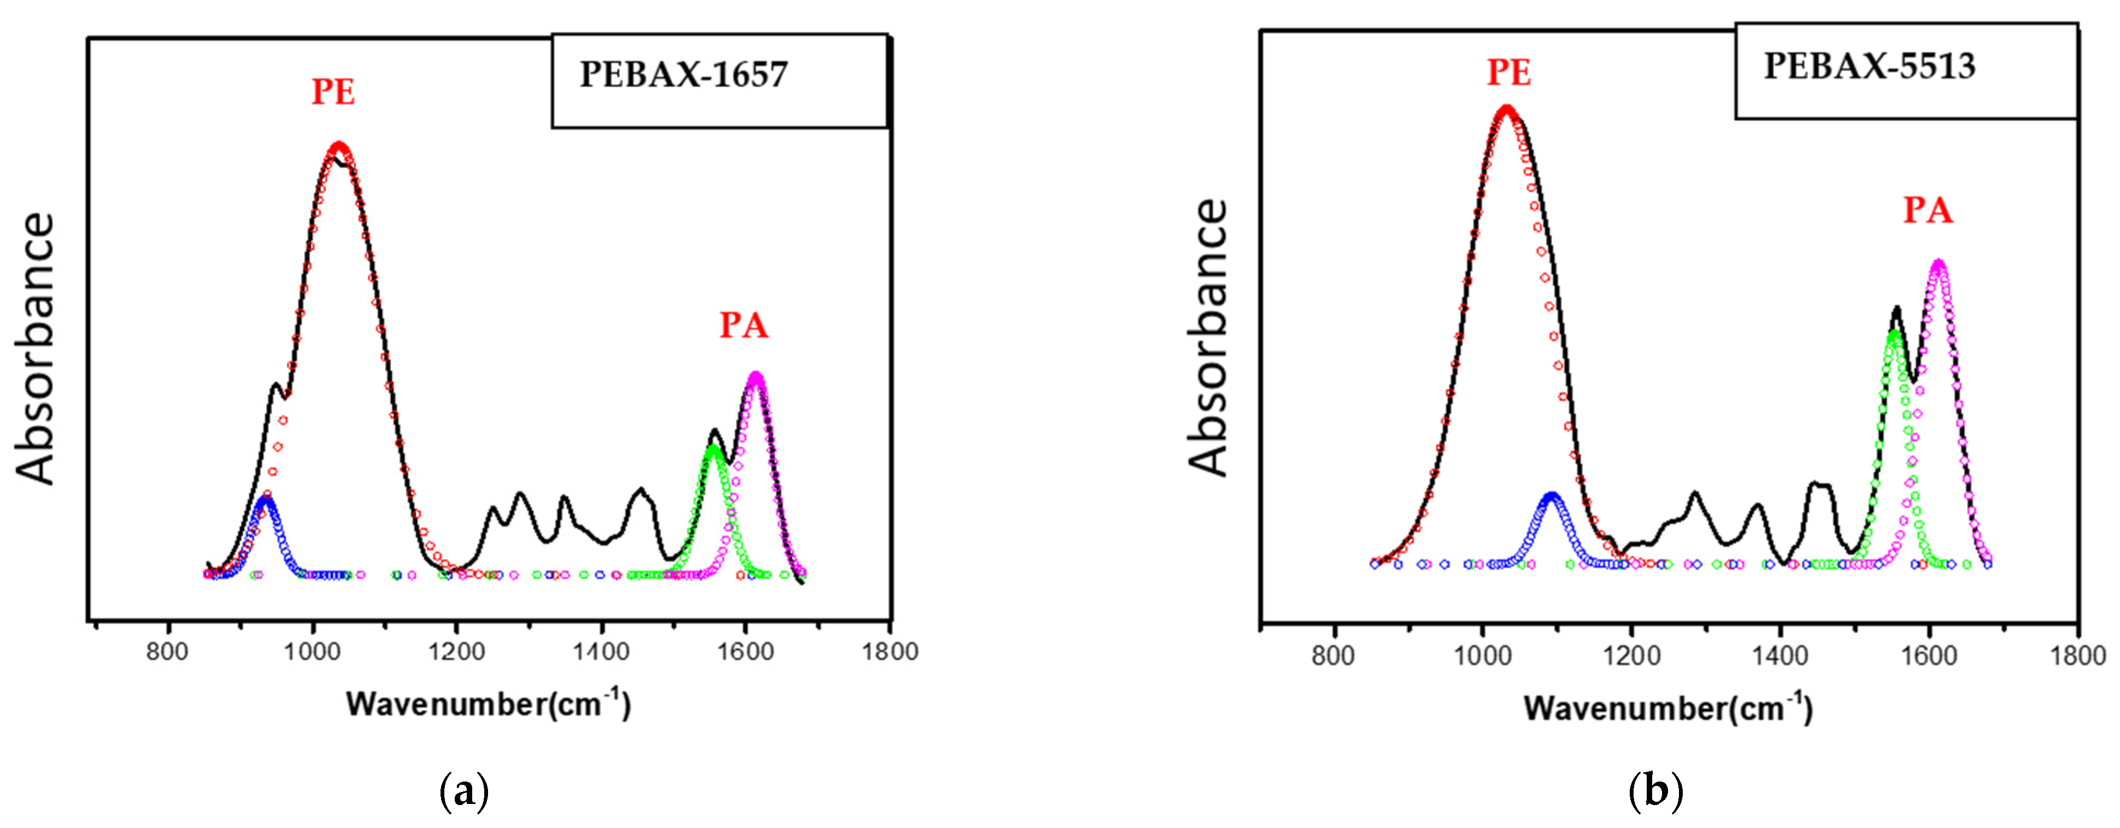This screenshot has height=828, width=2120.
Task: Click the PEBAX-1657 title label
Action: click(684, 75)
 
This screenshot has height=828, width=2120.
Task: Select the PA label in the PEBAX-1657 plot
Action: click(744, 325)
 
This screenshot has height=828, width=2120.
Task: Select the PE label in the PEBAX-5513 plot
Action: click(1508, 73)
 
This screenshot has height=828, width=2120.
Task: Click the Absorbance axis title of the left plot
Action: click(36, 349)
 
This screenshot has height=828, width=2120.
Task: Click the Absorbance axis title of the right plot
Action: click(1209, 337)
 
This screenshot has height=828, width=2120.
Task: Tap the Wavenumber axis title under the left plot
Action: click(488, 704)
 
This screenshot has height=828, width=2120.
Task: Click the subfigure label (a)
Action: click(465, 792)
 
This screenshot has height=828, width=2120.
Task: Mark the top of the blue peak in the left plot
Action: click(265, 499)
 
